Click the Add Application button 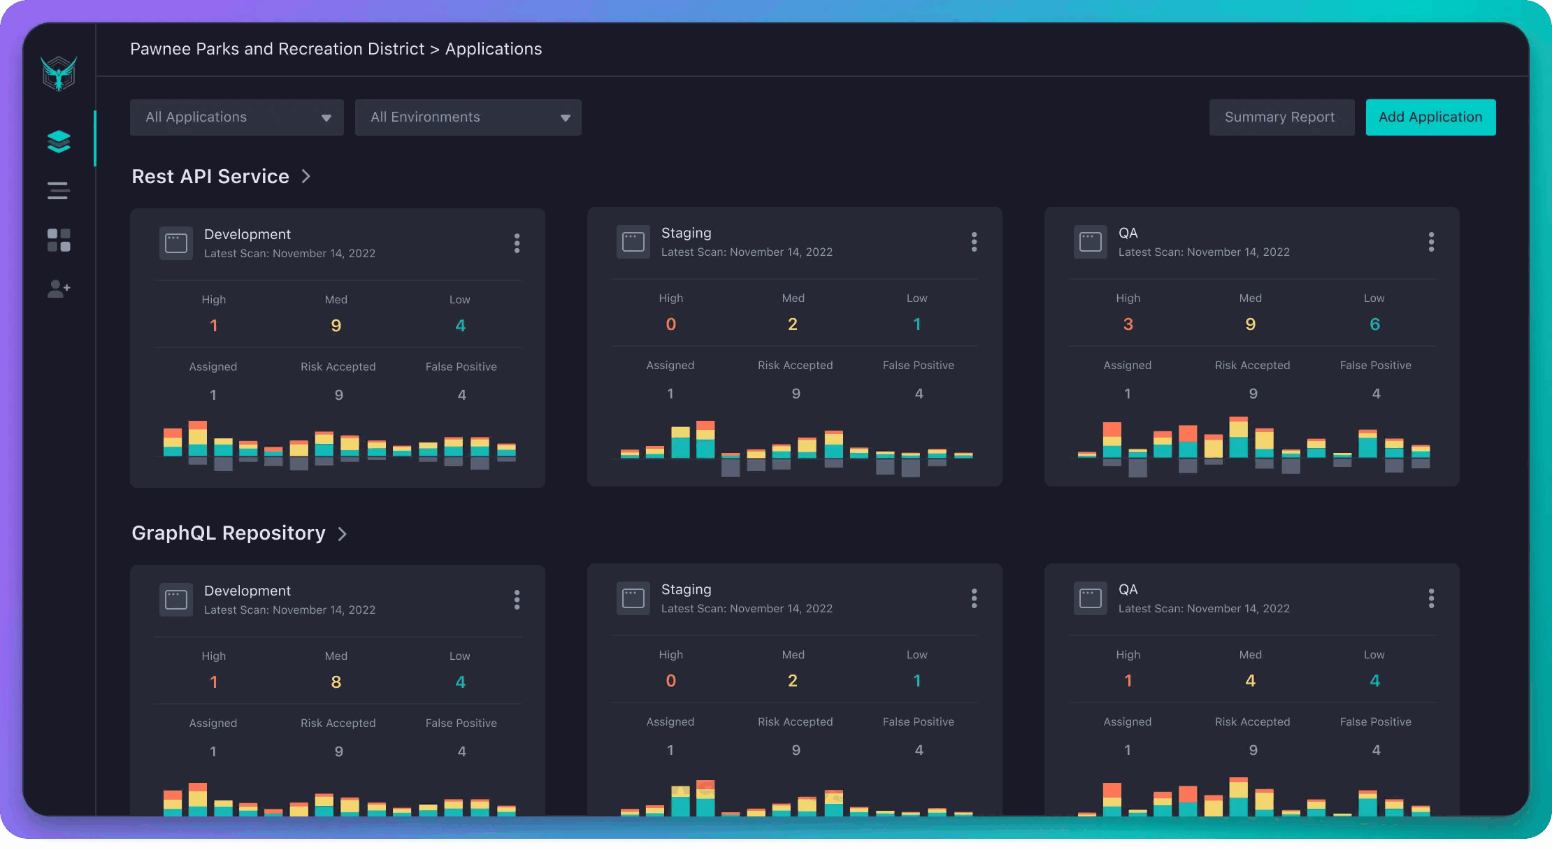[x=1430, y=117]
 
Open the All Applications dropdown [x=236, y=117]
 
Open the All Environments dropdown [x=468, y=117]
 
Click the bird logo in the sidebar [x=59, y=73]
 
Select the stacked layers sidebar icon [x=59, y=141]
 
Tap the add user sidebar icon [x=59, y=289]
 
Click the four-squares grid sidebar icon [x=59, y=240]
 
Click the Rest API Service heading [x=210, y=177]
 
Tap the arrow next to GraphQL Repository [x=343, y=534]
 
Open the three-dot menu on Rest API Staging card [x=974, y=242]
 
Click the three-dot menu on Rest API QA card [x=1431, y=242]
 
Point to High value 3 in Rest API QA [x=1128, y=324]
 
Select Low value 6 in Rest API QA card [x=1374, y=324]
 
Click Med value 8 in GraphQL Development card [x=336, y=682]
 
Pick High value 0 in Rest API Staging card [x=670, y=324]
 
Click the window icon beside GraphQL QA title [x=1090, y=598]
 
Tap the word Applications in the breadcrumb [x=494, y=49]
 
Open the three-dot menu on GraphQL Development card [x=517, y=600]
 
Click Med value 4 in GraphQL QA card [x=1250, y=681]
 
